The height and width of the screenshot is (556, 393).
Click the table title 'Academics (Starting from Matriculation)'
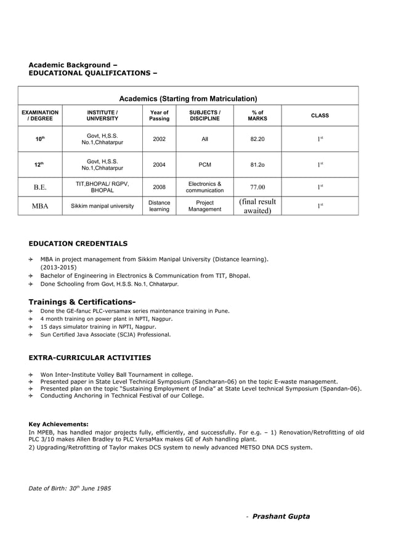pos(188,99)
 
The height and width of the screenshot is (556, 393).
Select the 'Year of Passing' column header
pos(159,116)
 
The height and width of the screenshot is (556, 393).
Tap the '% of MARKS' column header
pos(257,116)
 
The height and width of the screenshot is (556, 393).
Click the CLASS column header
pos(320,116)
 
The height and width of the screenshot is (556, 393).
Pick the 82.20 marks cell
pos(257,139)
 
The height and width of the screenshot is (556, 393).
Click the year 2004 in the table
pos(159,164)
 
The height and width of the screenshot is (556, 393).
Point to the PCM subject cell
pos(205,164)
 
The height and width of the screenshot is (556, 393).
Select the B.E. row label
pos(40,187)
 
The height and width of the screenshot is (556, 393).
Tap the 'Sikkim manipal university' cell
pos(102,206)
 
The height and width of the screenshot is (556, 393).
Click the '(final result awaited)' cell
pos(257,206)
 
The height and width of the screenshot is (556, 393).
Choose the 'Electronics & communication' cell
pos(205,187)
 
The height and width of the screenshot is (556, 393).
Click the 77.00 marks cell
pos(257,187)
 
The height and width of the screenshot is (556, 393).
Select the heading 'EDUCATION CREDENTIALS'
pos(78,244)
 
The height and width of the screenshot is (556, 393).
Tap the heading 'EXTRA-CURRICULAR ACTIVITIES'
pos(89,358)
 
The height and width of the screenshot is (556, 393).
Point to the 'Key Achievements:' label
pos(59,424)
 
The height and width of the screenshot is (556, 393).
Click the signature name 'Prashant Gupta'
pos(281,517)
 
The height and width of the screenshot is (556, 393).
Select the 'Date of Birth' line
pos(70,488)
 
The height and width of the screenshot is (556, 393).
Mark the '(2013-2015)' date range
pos(59,268)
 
